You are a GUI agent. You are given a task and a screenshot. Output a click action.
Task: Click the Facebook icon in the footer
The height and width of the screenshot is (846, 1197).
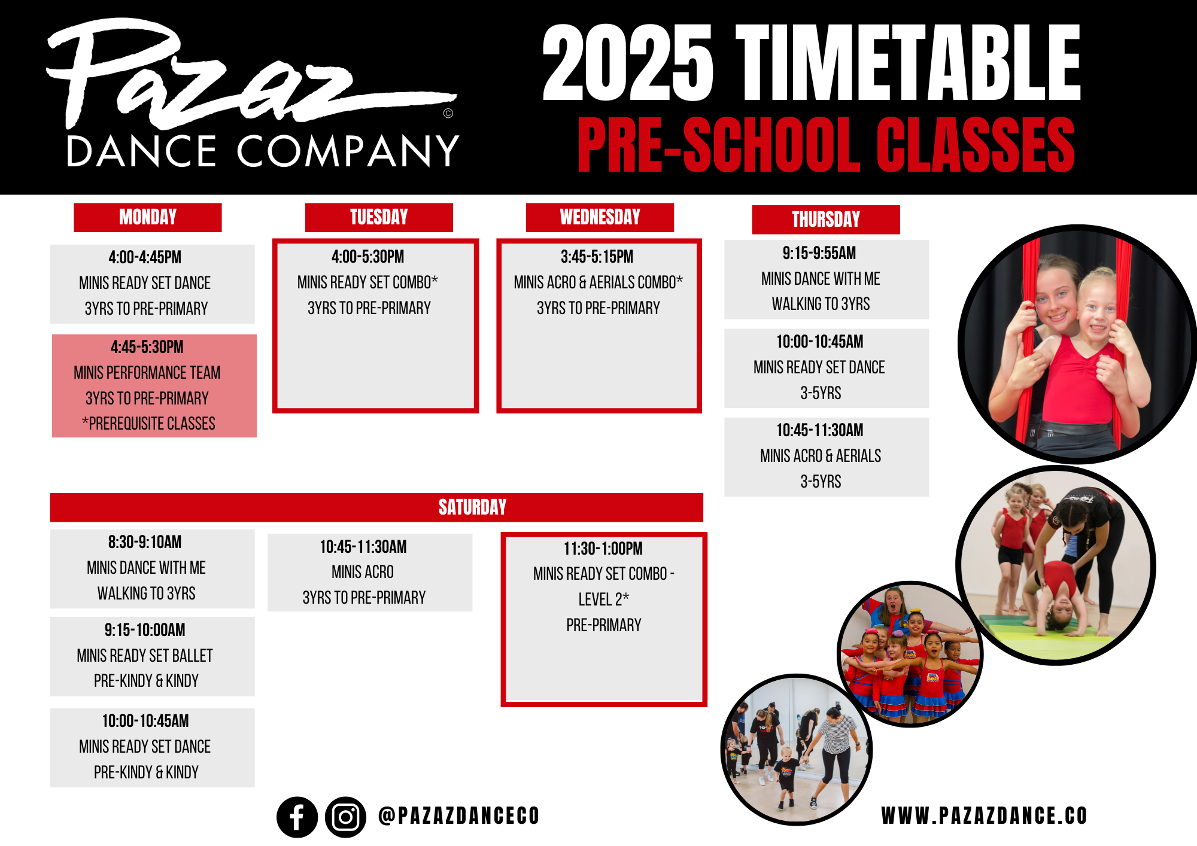tap(297, 817)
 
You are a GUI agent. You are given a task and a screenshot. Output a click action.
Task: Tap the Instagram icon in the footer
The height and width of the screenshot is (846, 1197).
tap(345, 817)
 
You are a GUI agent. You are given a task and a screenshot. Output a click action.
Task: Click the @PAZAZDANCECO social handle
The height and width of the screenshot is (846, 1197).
tap(459, 816)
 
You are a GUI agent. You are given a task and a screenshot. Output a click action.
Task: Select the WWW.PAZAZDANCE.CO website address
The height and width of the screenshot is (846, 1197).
tap(984, 816)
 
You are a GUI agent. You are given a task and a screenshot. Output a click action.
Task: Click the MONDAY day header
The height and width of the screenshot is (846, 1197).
tap(148, 217)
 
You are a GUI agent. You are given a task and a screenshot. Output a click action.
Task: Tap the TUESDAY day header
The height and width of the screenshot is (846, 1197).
tap(379, 217)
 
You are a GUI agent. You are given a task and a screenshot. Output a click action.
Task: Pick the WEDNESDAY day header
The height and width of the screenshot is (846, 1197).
tap(600, 217)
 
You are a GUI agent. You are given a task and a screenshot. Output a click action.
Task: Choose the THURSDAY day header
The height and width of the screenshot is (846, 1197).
tap(826, 220)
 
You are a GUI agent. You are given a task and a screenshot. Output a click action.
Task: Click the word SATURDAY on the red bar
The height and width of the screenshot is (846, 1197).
tap(472, 507)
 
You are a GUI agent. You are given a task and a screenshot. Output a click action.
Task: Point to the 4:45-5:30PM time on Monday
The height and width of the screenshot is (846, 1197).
tap(147, 347)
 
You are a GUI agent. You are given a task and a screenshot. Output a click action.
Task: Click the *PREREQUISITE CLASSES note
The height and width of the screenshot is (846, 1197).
tap(148, 424)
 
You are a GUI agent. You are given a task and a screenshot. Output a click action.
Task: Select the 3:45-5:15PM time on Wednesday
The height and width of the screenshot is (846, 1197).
tap(597, 257)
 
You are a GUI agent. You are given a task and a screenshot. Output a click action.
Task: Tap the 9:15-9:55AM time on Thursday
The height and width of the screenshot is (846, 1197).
tap(819, 253)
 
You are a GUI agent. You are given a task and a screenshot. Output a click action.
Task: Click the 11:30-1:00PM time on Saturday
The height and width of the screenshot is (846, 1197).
tap(603, 549)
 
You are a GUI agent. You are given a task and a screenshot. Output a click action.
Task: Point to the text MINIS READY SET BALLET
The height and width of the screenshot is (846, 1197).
tap(145, 656)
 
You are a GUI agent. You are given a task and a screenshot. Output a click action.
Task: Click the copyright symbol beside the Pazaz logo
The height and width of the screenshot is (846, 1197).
tap(448, 113)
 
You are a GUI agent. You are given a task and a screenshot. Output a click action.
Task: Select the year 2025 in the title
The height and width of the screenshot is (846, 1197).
tap(628, 63)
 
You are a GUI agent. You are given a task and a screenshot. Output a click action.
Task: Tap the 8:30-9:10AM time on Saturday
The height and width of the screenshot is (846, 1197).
tap(145, 542)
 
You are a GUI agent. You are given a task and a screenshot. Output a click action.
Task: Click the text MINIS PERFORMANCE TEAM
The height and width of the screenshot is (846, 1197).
tap(147, 373)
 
